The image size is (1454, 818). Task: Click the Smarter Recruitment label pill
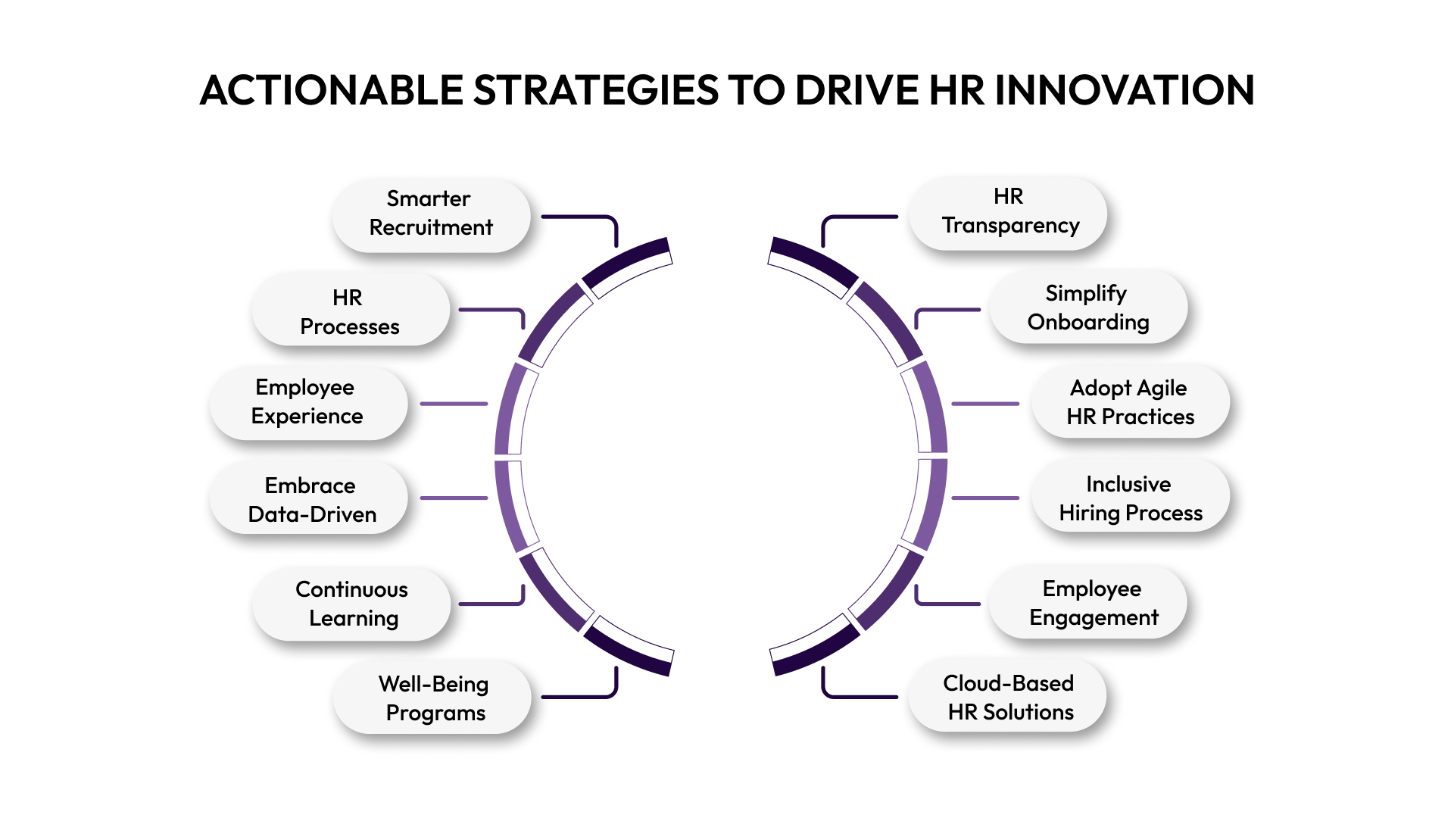coord(431,214)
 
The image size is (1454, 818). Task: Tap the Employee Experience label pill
coord(307,402)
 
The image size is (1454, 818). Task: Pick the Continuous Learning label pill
coord(352,604)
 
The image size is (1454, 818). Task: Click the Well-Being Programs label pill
coord(433,698)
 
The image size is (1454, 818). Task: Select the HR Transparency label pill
coord(1009,212)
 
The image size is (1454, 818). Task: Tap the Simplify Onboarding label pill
coord(1087,308)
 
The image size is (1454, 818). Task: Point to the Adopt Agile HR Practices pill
coord(1130,402)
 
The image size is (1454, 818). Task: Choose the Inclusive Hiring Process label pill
coord(1130,498)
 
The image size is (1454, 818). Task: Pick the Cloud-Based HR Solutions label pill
coord(1009,698)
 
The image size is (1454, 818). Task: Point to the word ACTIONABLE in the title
coord(331,90)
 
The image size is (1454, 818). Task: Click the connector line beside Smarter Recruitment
coord(583,217)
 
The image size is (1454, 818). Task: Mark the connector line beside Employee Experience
coord(454,404)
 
